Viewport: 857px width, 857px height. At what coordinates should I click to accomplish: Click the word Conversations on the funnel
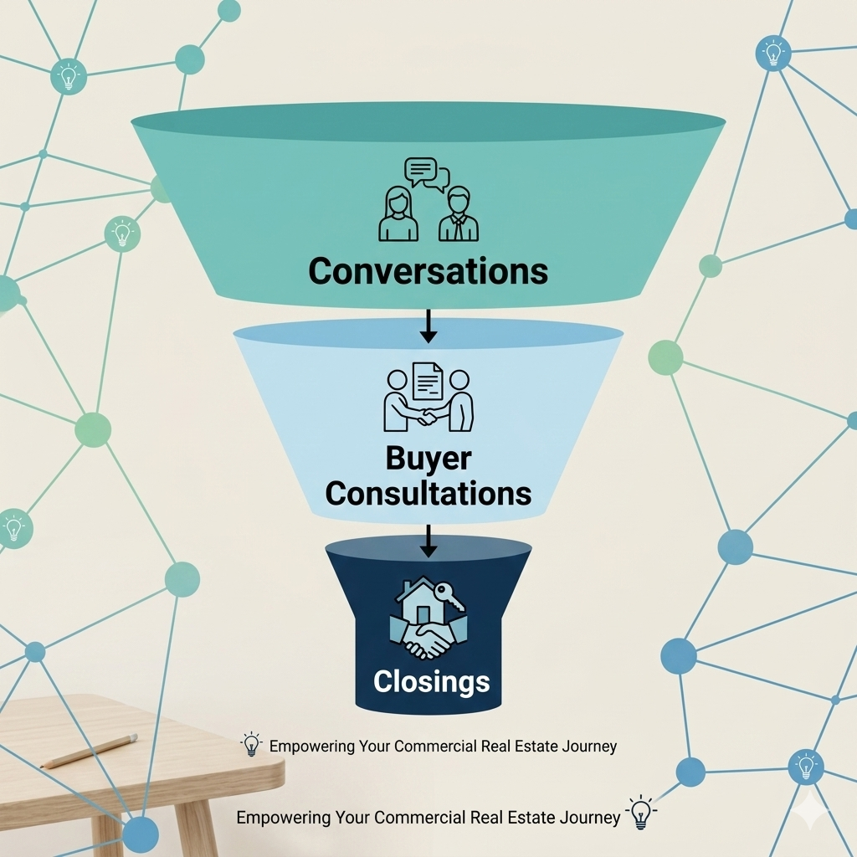(428, 270)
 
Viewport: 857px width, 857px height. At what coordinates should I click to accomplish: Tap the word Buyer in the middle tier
(428, 458)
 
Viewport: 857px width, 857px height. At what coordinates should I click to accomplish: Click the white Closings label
(431, 681)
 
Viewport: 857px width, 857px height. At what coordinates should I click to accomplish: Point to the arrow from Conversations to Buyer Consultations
(428, 326)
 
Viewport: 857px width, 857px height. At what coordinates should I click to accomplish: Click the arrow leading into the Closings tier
(428, 541)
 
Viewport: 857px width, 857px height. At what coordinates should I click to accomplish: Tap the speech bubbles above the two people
(427, 174)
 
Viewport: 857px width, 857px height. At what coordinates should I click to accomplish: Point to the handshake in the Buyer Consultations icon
(427, 417)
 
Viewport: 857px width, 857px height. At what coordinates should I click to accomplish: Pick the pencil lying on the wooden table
(89, 751)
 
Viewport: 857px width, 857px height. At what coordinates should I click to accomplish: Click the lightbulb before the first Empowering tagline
(251, 744)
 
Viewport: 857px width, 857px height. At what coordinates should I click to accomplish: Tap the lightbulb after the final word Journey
(641, 813)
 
